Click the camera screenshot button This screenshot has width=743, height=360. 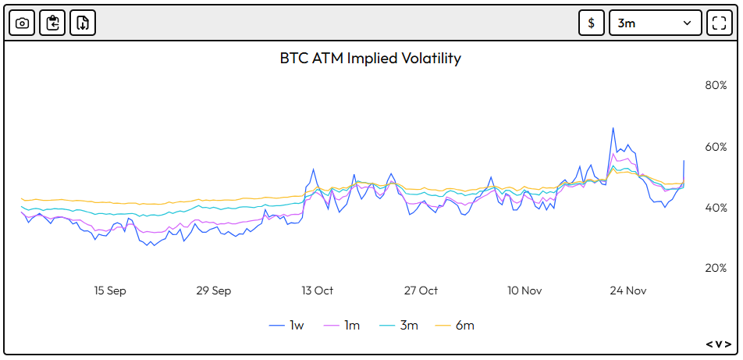point(22,23)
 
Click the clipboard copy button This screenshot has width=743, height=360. point(52,23)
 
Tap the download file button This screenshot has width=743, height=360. point(83,23)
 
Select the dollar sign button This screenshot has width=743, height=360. point(591,23)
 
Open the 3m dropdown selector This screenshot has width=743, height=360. point(655,23)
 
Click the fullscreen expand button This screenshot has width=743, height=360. point(719,23)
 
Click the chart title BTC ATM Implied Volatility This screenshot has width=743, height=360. point(370,59)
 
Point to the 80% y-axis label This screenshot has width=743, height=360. point(716,85)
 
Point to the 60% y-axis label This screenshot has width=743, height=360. point(716,147)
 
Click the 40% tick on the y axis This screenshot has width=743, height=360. point(716,208)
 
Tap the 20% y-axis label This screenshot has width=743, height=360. point(716,268)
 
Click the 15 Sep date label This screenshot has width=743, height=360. point(110,290)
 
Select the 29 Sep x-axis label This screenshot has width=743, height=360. point(213,290)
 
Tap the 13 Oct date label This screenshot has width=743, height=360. point(317,290)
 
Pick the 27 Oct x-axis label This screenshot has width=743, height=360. point(421,290)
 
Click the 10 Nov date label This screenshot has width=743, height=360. point(524,290)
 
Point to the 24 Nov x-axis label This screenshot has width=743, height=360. point(628,290)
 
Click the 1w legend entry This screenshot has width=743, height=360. point(286,325)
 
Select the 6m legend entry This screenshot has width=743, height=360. point(454,325)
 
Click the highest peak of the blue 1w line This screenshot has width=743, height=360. point(613,128)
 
